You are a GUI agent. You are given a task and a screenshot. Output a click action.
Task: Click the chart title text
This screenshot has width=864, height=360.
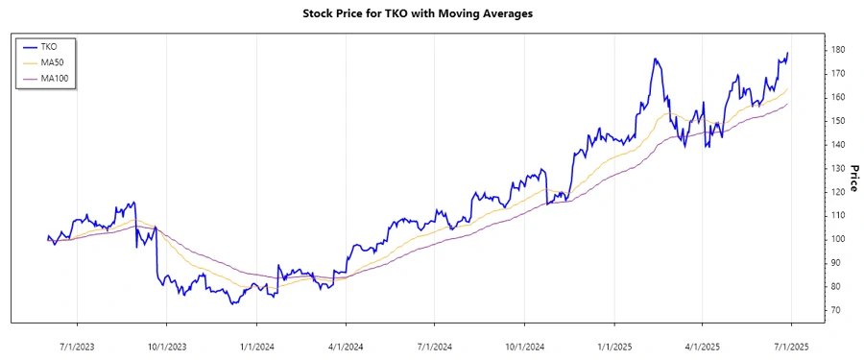pos(431,13)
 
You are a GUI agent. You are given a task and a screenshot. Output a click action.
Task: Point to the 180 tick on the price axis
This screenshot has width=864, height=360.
pos(837,50)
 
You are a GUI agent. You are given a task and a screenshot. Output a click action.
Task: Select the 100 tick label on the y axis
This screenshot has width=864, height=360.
pos(837,239)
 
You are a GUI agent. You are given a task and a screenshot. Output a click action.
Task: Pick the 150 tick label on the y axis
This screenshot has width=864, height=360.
pos(837,121)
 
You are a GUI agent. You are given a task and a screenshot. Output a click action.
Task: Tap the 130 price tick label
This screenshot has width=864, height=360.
pos(837,168)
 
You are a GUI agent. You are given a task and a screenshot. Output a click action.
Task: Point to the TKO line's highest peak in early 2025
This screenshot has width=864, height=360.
pos(655,60)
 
